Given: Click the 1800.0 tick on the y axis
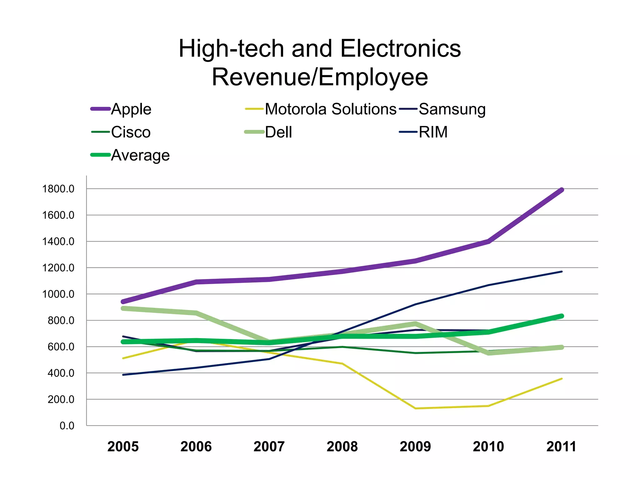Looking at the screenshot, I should click(58, 189).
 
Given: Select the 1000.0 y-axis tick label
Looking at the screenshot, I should click(58, 294).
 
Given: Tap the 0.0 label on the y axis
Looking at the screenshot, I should click(67, 426).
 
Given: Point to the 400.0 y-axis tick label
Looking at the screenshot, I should click(61, 373).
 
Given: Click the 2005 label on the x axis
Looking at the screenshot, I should click(123, 447).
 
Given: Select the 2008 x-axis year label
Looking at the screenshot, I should click(342, 447).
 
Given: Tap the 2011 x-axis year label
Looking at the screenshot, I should click(561, 447).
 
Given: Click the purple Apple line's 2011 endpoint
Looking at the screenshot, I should click(562, 190).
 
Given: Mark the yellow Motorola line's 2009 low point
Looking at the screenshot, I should click(415, 408).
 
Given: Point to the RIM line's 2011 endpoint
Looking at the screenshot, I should click(562, 272).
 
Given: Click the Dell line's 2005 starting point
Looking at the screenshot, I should click(123, 308).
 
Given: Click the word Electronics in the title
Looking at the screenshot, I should click(400, 49).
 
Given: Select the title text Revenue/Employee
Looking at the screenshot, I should click(320, 77).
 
